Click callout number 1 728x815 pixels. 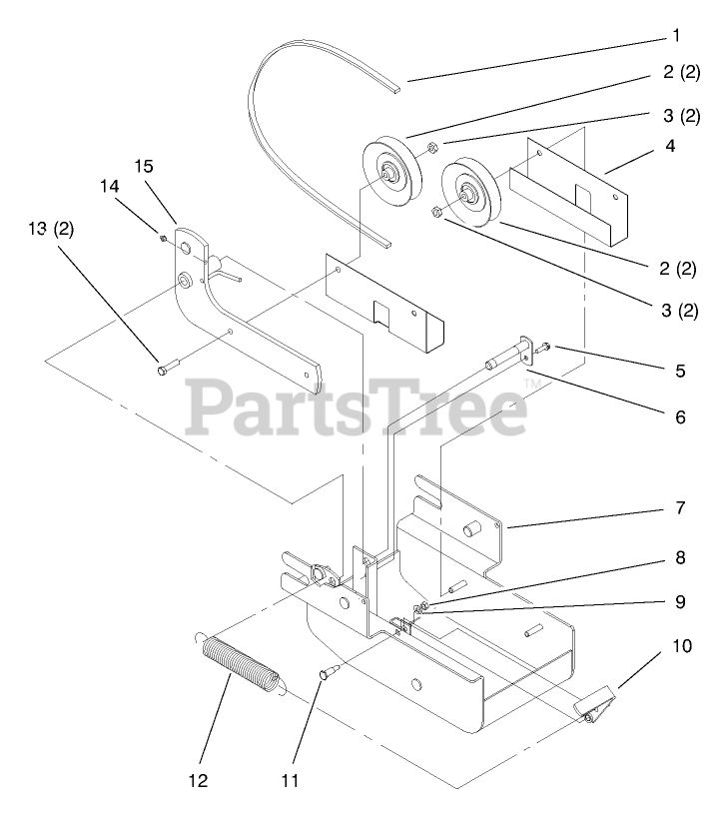(675, 36)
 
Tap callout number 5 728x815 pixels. (680, 371)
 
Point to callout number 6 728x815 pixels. (680, 416)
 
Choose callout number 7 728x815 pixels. (680, 507)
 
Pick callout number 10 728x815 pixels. (680, 646)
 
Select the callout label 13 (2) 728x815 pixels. (51, 229)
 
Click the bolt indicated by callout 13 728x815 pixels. (166, 371)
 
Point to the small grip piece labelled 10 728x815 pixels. (594, 705)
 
